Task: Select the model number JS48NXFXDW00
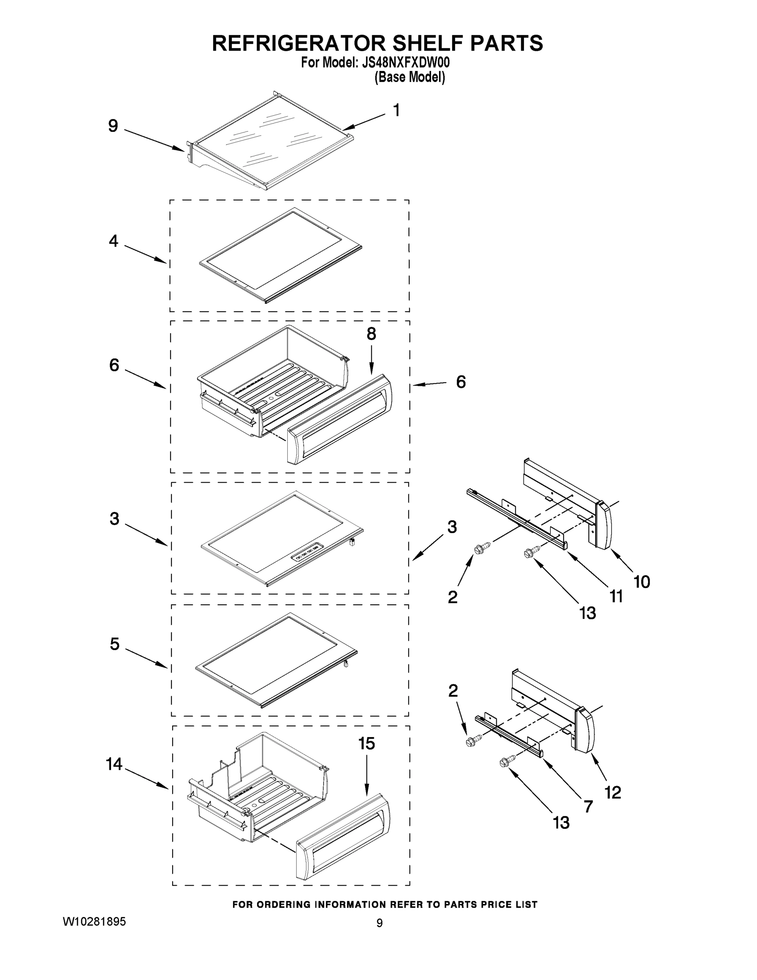405,63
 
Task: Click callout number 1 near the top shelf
396,110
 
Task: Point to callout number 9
113,127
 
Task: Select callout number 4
113,241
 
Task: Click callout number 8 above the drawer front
371,334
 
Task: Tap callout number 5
115,644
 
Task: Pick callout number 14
114,764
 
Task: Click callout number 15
367,744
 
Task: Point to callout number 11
617,596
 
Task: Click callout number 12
613,793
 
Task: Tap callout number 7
588,806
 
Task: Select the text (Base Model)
409,77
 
